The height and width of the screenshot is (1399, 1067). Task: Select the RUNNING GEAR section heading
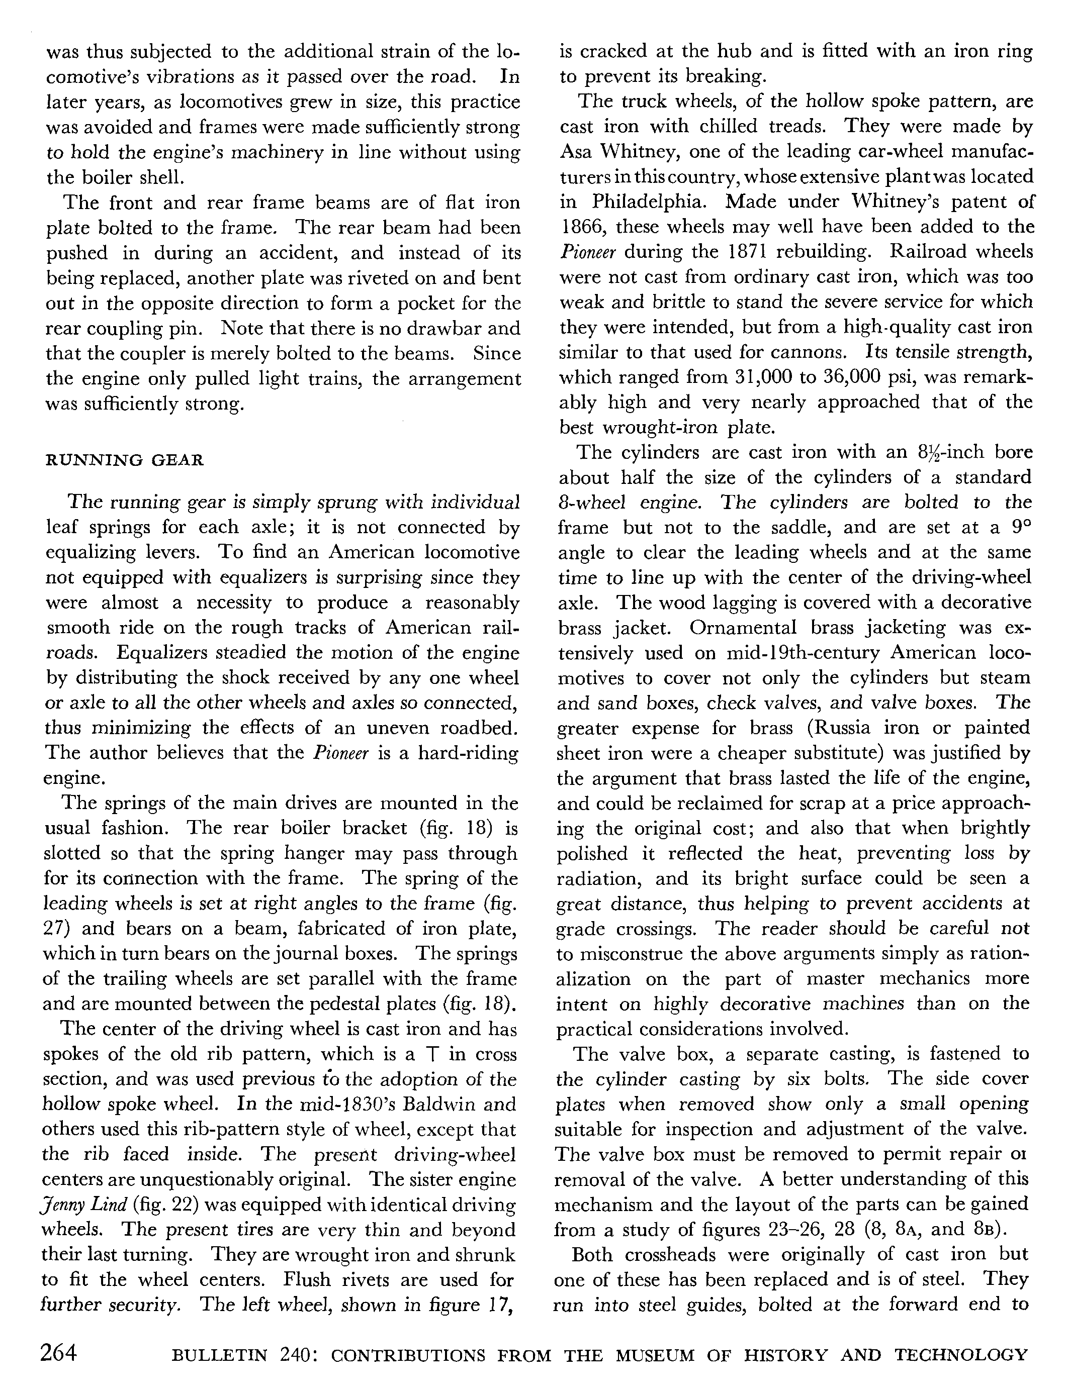click(125, 460)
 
